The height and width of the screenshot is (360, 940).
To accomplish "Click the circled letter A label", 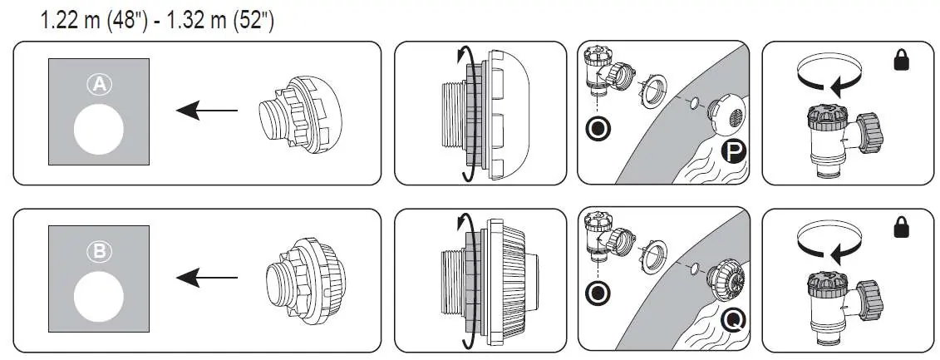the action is pyautogui.click(x=99, y=85).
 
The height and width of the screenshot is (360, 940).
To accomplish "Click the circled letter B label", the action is pyautogui.click(x=99, y=252).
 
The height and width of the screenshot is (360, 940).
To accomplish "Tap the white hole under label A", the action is pyautogui.click(x=99, y=130).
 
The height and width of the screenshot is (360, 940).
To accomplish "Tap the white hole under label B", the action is pyautogui.click(x=99, y=297).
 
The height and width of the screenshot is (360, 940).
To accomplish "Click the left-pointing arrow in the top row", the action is pyautogui.click(x=207, y=111).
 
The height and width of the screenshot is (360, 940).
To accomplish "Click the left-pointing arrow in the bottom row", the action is pyautogui.click(x=207, y=278).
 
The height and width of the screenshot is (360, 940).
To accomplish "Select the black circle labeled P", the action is pyautogui.click(x=733, y=152).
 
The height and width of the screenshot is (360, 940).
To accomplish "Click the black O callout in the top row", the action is pyautogui.click(x=598, y=129).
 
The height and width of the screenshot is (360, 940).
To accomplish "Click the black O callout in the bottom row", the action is pyautogui.click(x=598, y=294).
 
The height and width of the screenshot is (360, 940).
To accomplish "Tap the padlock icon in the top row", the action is pyautogui.click(x=901, y=60).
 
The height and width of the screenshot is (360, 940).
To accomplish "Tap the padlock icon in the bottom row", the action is pyautogui.click(x=901, y=227).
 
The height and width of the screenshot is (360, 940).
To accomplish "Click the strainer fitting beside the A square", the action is pyautogui.click(x=300, y=114).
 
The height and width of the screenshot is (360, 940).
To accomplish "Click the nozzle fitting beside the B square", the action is pyautogui.click(x=304, y=281).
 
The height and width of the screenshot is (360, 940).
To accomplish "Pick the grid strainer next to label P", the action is pyautogui.click(x=726, y=113).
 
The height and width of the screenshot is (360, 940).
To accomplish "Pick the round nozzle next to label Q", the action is pyautogui.click(x=726, y=281).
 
